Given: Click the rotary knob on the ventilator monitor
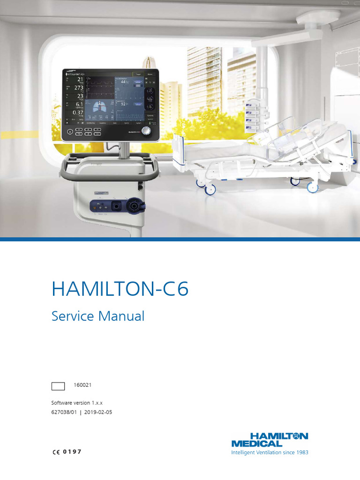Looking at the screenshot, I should click(148, 131).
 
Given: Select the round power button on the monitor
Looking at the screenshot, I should click(70, 132).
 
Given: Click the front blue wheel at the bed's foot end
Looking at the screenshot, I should click(210, 189).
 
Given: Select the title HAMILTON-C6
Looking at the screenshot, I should click(120, 289).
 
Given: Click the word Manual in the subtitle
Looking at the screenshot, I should click(123, 316).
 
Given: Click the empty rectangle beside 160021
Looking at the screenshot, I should click(58, 386).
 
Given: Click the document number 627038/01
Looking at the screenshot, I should click(64, 412).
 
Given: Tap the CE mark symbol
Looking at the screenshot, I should click(55, 452).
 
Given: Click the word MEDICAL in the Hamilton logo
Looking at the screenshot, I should click(257, 443).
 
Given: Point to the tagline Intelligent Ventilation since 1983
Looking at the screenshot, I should click(270, 452).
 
